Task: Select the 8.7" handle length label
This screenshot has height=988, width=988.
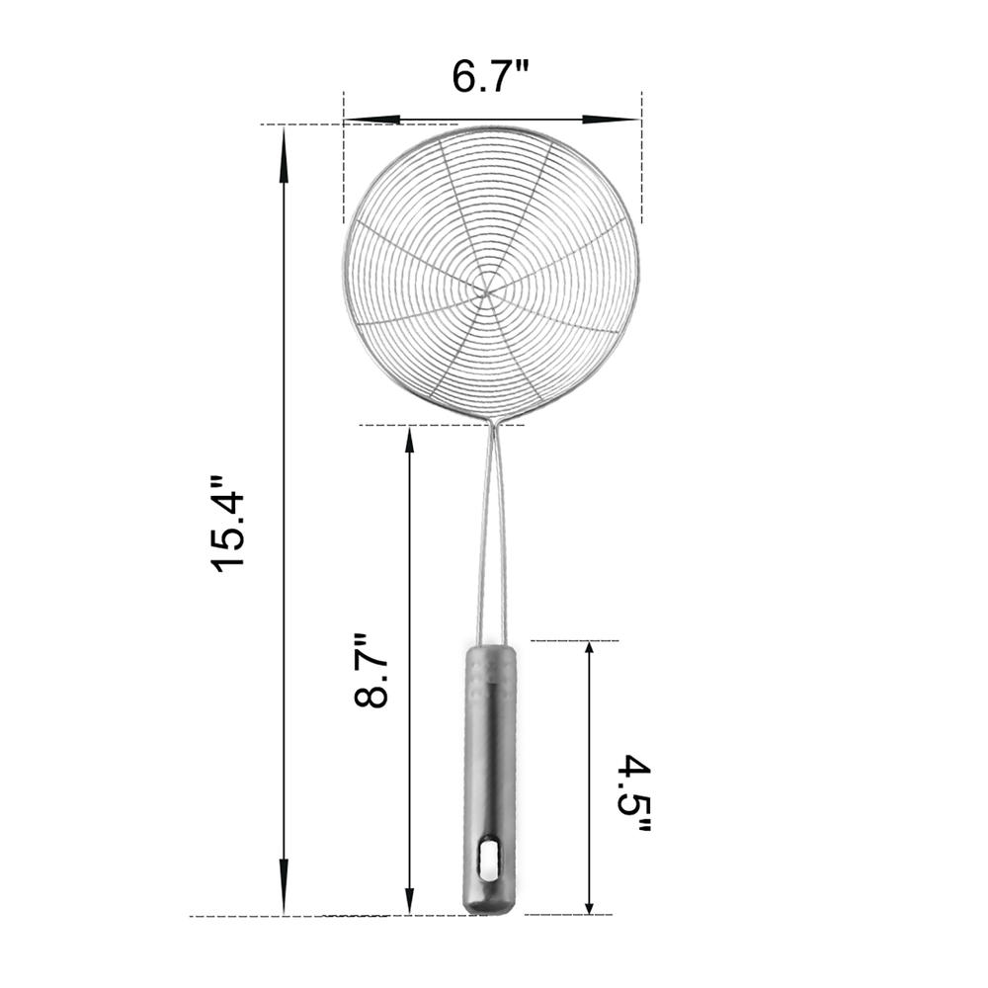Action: point(371,671)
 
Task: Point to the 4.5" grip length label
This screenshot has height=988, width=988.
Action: point(633,795)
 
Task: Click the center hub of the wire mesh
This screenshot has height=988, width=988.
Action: point(486,289)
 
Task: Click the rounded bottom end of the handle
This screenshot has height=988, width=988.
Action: point(489,905)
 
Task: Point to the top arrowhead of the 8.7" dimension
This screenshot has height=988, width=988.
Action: point(409,439)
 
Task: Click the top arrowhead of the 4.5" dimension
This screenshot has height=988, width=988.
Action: point(590,654)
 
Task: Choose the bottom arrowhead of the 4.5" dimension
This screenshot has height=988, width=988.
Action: point(590,901)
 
